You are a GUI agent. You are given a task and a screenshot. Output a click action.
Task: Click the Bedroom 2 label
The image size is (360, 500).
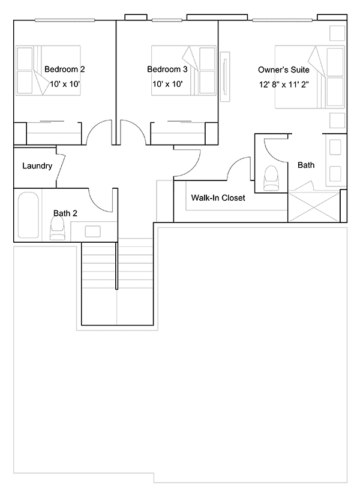64,69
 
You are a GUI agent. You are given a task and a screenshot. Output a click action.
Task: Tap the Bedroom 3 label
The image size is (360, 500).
167,69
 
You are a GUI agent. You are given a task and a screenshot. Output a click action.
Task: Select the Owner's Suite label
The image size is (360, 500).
284,70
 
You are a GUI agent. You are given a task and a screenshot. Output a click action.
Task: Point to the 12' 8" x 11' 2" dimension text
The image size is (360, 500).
284,85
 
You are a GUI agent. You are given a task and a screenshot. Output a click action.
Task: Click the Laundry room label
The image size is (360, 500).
37,166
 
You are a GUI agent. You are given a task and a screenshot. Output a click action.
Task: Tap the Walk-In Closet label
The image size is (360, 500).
218,198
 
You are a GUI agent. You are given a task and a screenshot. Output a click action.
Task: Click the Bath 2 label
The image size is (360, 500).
65,213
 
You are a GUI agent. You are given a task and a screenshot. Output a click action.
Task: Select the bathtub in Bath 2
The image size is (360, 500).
28,215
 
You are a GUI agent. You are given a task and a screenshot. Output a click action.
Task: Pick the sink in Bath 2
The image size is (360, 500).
92,231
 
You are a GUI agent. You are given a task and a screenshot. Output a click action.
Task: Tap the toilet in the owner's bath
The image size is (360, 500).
271,178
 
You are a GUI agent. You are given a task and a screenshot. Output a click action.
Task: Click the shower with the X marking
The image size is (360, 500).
314,207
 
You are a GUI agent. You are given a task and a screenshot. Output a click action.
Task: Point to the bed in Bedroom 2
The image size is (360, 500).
48,71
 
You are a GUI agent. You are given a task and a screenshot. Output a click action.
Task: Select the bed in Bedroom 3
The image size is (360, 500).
184,71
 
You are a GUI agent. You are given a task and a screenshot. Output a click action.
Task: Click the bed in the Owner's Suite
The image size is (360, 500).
310,77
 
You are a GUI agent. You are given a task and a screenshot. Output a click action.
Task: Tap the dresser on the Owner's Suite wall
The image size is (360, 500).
225,77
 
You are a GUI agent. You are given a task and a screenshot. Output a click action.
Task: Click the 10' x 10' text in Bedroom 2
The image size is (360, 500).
64,84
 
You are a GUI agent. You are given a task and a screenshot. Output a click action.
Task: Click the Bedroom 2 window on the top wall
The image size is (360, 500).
65,20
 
